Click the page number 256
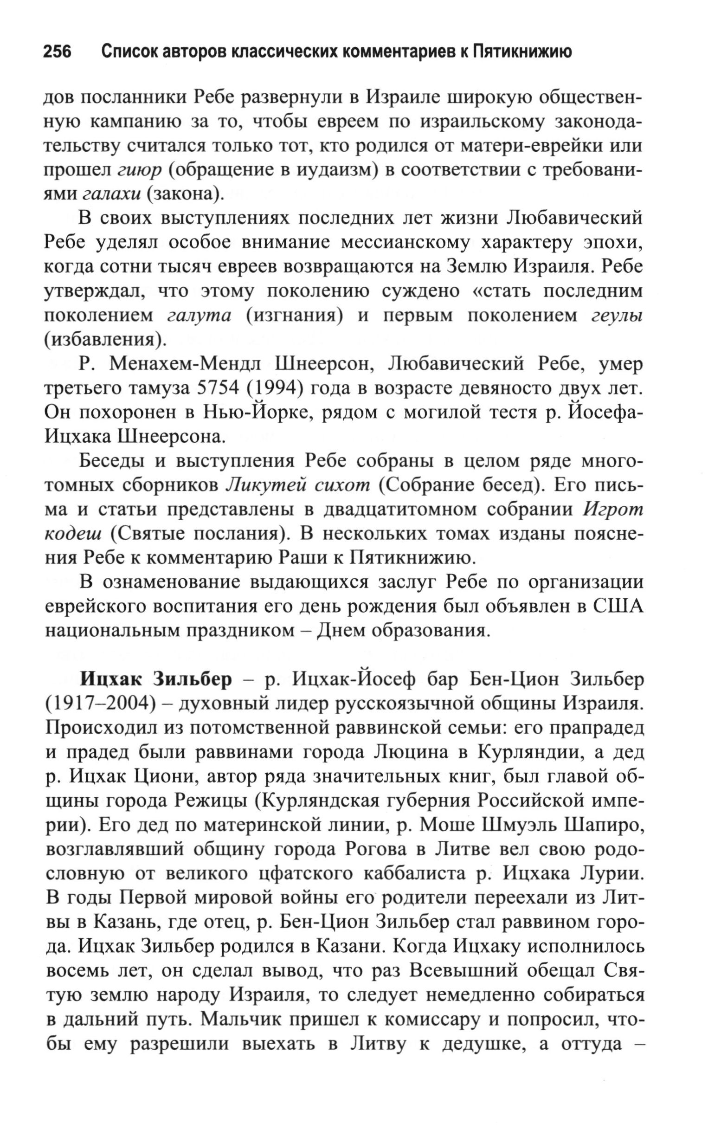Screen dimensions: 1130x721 point(57,51)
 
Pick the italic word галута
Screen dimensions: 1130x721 point(199,316)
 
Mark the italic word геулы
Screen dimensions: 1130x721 point(617,316)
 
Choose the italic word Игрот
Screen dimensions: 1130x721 point(612,510)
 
